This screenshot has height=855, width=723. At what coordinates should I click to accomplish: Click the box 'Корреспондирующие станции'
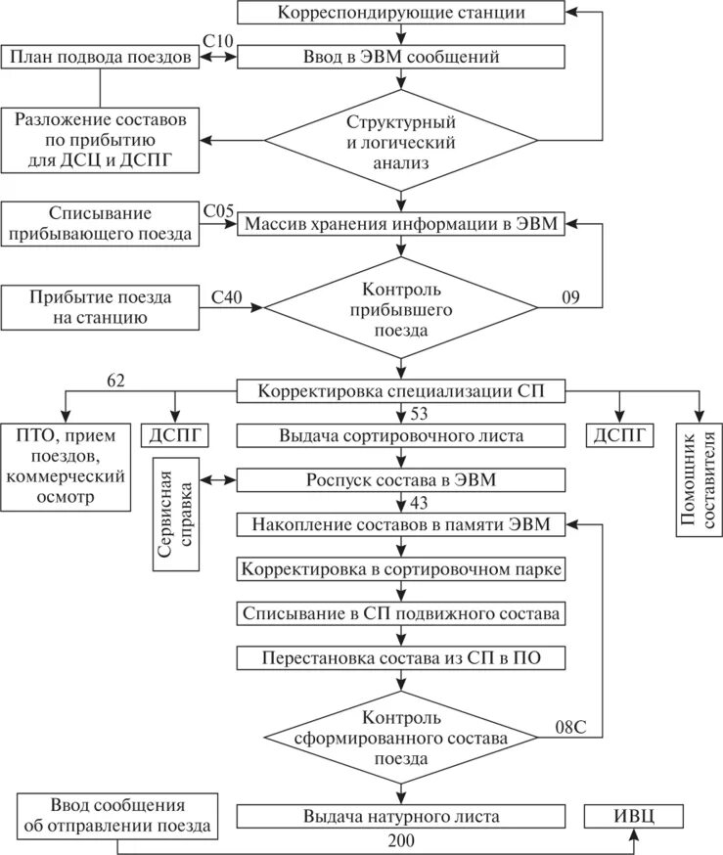click(401, 14)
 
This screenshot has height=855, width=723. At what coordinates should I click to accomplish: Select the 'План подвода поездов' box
click(100, 57)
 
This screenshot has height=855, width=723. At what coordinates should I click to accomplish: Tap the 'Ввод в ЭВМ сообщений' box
click(401, 57)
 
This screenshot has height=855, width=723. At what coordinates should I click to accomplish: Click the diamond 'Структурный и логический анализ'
click(401, 141)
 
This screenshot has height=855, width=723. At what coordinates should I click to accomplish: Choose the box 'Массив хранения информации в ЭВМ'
click(401, 224)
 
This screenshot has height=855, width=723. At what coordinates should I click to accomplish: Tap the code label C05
click(218, 209)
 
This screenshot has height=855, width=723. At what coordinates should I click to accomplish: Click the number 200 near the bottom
click(401, 839)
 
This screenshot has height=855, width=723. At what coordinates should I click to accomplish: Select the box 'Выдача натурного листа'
click(401, 815)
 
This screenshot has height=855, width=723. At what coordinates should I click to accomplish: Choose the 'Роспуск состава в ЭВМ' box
click(401, 480)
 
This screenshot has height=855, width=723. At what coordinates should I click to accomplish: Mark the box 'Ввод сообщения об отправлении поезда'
click(116, 815)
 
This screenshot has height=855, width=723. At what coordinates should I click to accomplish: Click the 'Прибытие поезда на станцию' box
click(100, 308)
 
